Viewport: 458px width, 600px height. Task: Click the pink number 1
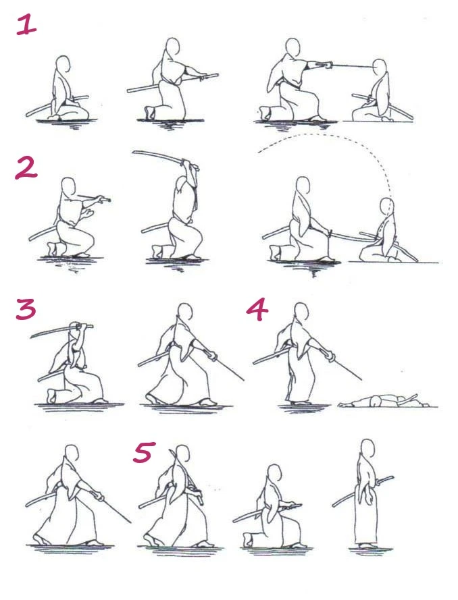(27, 26)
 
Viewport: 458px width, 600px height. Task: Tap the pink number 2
(26, 169)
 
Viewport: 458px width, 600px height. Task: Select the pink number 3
(26, 309)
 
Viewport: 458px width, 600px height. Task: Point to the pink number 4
(257, 310)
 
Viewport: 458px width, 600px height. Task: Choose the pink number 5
(145, 452)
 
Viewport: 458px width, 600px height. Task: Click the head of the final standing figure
(368, 447)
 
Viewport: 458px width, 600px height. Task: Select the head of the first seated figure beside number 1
(63, 65)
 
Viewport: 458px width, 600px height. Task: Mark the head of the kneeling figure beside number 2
(69, 186)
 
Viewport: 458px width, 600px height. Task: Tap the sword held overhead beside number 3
(61, 331)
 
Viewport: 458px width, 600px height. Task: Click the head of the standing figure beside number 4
(301, 312)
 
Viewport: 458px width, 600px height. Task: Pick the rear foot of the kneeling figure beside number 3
(51, 396)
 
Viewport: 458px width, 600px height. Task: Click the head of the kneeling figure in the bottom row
(274, 474)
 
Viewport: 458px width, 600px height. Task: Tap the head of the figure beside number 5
(183, 454)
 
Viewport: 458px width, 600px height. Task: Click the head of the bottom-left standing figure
(72, 454)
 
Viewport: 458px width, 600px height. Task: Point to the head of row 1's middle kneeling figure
(173, 47)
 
